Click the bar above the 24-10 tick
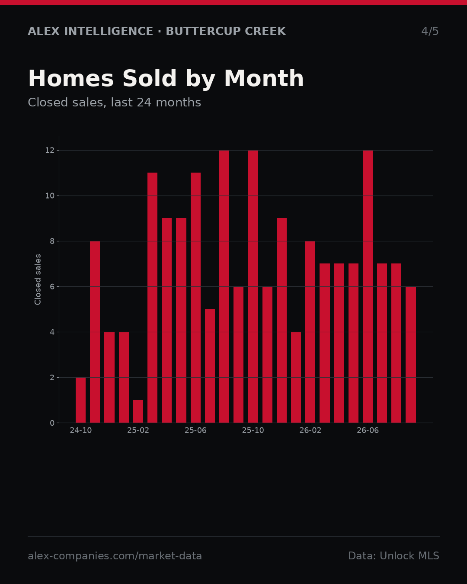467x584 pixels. point(80,400)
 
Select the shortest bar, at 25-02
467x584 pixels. point(138,411)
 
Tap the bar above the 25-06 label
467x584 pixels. point(195,298)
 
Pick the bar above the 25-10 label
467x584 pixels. point(253,286)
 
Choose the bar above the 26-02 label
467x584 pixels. point(310,332)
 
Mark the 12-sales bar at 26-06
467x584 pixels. point(368,286)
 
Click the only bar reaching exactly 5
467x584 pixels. point(210,366)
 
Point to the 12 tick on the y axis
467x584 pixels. point(50,151)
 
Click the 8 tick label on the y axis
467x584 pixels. point(52,241)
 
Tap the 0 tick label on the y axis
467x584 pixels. point(52,423)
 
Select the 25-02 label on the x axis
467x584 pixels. point(138,430)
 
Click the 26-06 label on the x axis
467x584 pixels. point(368,430)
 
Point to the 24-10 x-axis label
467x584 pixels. point(80,430)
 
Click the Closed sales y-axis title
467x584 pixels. point(38,279)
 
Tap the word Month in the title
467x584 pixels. point(264,78)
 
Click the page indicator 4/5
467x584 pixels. point(430,31)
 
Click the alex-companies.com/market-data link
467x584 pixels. point(115,556)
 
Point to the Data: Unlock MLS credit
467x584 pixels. point(394,556)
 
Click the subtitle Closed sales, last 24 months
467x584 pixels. point(114,103)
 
